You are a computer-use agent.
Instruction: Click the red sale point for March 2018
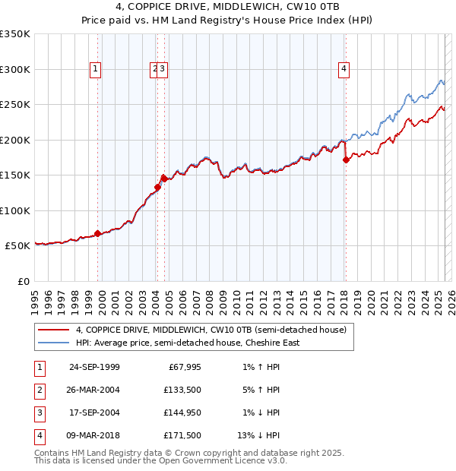coord(346,160)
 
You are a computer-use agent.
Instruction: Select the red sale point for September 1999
coord(98,233)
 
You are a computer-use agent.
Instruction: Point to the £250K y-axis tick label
coord(15,104)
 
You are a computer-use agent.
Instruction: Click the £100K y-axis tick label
coord(15,210)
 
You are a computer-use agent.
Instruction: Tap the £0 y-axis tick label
coord(23,281)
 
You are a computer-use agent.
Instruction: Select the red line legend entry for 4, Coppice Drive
coord(211,330)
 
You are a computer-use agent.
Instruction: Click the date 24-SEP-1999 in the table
coord(94,368)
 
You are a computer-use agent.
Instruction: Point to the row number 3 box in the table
coord(38,413)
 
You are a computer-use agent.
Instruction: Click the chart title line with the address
coord(228,7)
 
